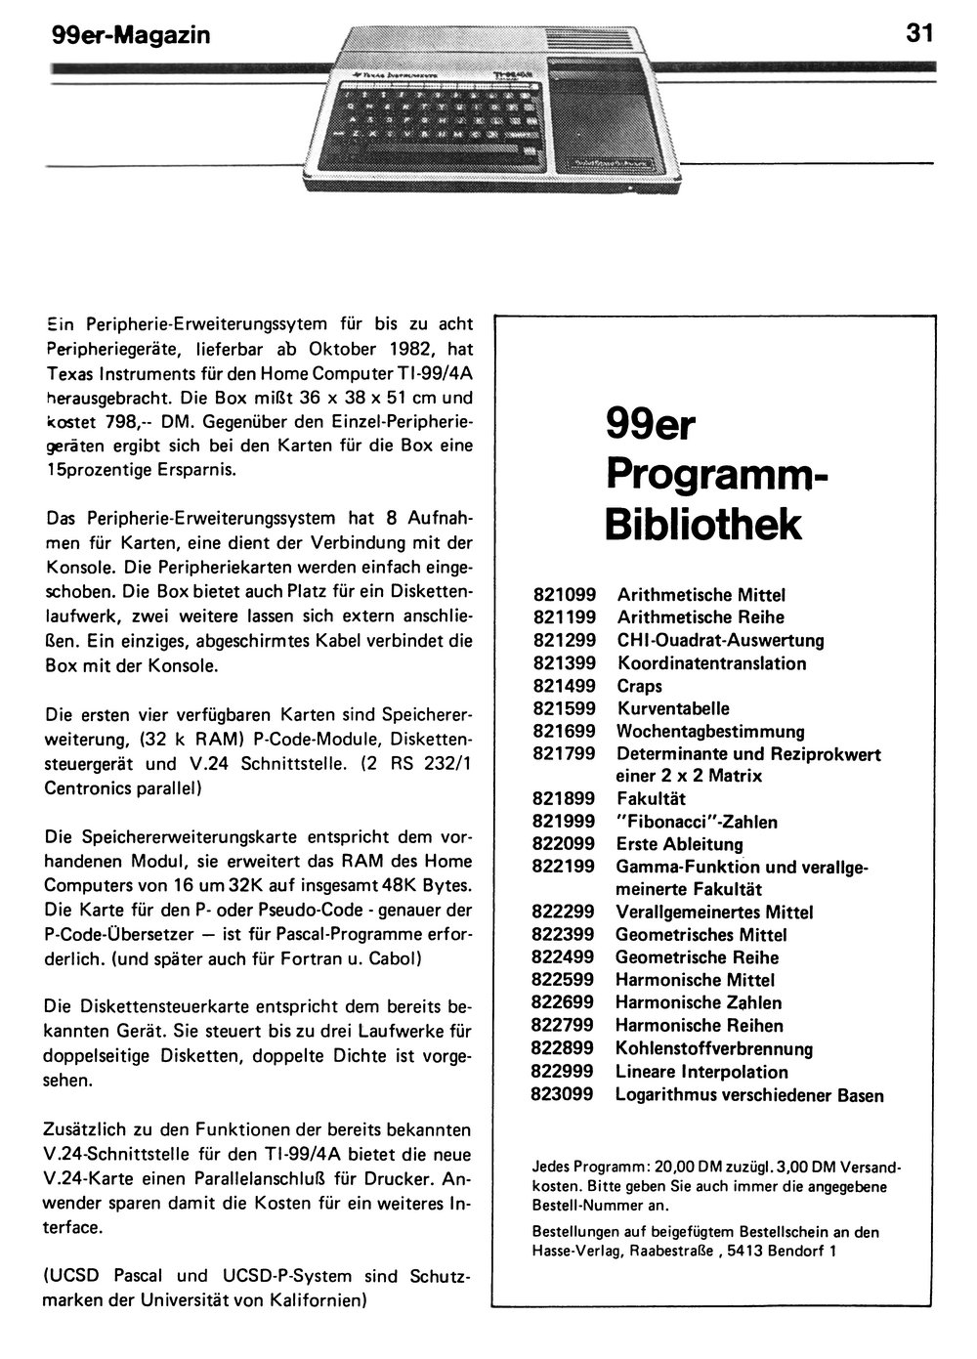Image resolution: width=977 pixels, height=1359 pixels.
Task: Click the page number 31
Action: pos(919,32)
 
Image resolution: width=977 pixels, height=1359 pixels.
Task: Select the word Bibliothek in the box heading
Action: pos(702,524)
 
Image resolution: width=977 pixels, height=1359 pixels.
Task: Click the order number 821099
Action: pos(564,594)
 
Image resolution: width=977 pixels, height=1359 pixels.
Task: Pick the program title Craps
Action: pos(639,686)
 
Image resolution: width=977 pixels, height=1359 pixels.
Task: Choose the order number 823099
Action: pos(562,1094)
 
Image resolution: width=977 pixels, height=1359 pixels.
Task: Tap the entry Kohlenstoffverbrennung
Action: pos(714,1048)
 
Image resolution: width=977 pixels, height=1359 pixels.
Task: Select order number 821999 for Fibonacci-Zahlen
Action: pos(564,822)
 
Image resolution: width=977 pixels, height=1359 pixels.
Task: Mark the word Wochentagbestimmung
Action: pos(710,731)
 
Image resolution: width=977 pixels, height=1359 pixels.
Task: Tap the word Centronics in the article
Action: pos(88,786)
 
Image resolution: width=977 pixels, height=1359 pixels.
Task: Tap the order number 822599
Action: pos(563,980)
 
